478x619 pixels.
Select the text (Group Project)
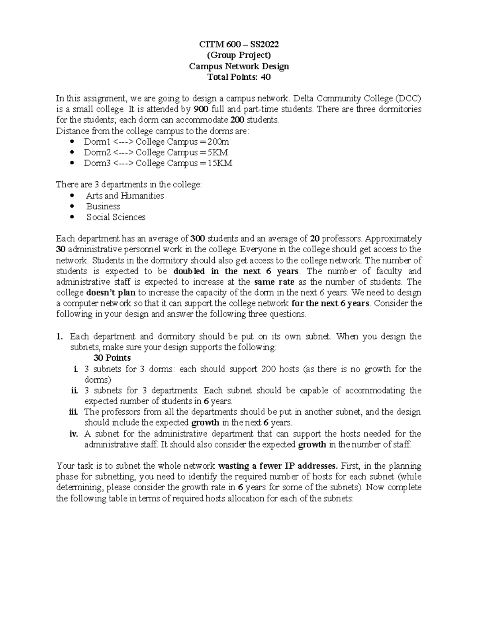tap(239, 55)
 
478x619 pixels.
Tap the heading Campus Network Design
tap(239, 66)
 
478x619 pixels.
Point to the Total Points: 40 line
tap(239, 77)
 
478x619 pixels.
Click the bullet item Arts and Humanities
tap(125, 196)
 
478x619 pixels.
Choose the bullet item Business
tap(103, 206)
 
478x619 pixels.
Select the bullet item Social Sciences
tap(116, 217)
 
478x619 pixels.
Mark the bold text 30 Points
tap(112, 358)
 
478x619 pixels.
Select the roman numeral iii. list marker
tap(72, 412)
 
